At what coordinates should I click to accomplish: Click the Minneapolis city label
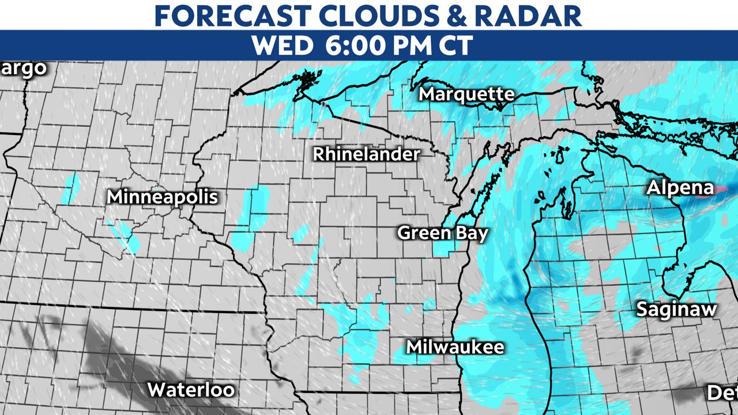point(163,197)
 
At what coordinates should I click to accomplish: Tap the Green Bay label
point(443,233)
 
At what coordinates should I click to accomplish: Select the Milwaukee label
point(455,347)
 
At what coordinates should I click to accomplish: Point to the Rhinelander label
point(367,154)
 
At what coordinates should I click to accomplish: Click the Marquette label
point(466,94)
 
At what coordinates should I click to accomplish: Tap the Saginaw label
point(676,310)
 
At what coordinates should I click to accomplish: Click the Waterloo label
point(191,390)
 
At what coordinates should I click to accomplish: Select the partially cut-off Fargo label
point(23,68)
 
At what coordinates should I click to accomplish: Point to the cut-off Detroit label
point(722,393)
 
